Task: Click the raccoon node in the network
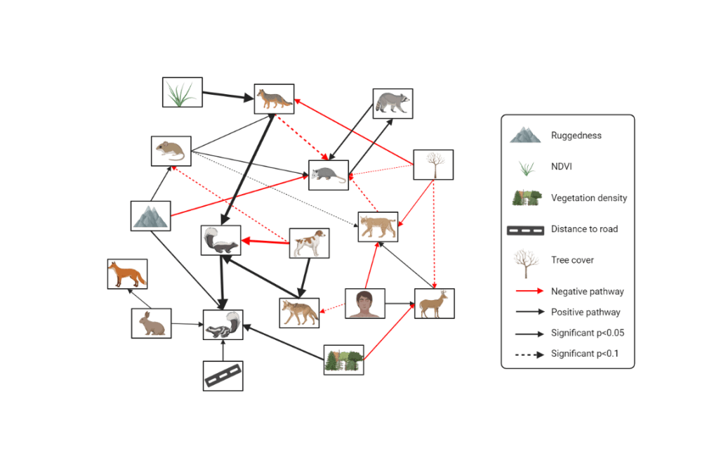tap(393, 103)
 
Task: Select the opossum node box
tap(329, 175)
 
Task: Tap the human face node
tap(365, 304)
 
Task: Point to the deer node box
tap(434, 304)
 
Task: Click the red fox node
tap(127, 274)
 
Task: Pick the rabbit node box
tap(151, 323)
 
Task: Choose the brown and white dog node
tap(310, 242)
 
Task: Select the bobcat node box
tap(378, 226)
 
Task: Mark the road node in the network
tap(223, 376)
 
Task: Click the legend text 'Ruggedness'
tap(576, 136)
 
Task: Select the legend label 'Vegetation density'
tap(589, 198)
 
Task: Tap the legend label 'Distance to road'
tap(584, 229)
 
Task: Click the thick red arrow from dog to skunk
tap(265, 242)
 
